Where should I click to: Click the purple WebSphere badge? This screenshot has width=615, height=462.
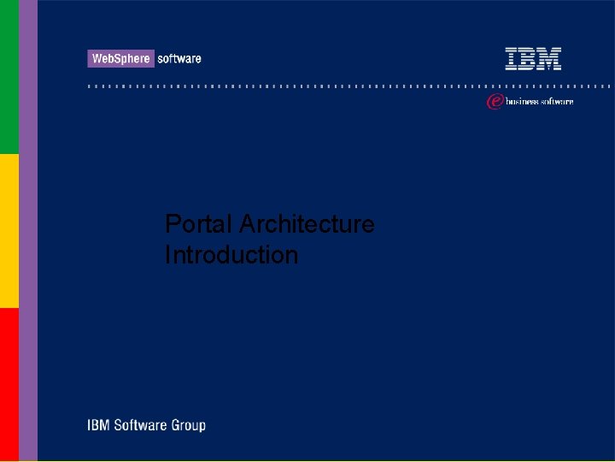[120, 58]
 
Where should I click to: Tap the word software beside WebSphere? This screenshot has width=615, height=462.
[179, 58]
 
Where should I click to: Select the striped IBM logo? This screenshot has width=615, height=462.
[533, 58]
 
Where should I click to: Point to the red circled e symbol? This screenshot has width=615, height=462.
[494, 102]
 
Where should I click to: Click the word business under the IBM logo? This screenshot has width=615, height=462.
[521, 102]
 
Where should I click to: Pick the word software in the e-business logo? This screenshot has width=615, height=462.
[556, 102]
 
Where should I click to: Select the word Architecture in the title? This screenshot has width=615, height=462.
[307, 224]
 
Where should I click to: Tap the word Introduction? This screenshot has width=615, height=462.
[231, 255]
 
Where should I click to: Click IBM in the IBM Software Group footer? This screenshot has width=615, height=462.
[97, 425]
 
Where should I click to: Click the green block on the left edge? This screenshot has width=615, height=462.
[9, 77]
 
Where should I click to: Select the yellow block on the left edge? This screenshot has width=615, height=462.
[9, 231]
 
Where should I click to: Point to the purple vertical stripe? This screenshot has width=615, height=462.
[28, 231]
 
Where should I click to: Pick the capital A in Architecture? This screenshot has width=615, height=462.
[248, 224]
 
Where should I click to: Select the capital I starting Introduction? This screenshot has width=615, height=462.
[168, 255]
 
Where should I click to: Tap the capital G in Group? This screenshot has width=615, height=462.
[178, 425]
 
